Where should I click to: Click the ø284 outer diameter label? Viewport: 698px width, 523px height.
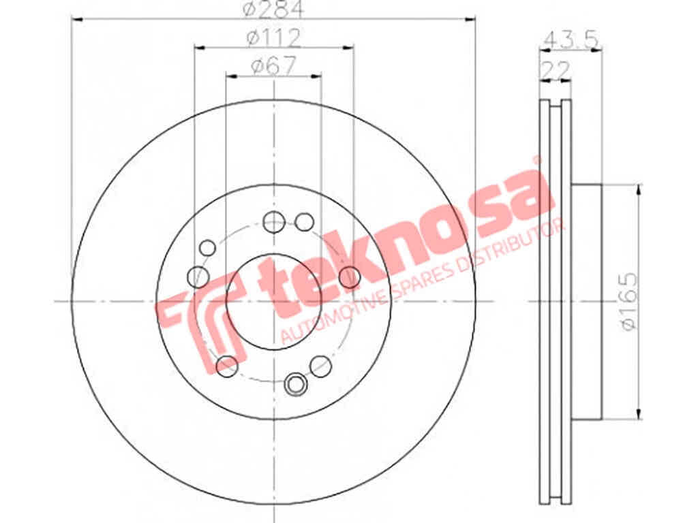coord(273,8)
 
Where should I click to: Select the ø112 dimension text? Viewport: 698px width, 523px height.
coord(274,38)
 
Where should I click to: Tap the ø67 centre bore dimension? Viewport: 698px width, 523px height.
coord(273,67)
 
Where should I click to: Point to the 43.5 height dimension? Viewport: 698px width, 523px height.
coord(571,40)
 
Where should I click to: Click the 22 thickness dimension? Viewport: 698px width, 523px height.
coord(555,70)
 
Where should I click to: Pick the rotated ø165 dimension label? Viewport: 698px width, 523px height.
coord(629,301)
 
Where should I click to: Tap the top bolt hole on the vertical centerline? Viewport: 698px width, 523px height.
coord(274,221)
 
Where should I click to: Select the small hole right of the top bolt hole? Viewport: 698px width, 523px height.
coord(305,222)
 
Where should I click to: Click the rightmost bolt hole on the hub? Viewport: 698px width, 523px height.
coord(350,277)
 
